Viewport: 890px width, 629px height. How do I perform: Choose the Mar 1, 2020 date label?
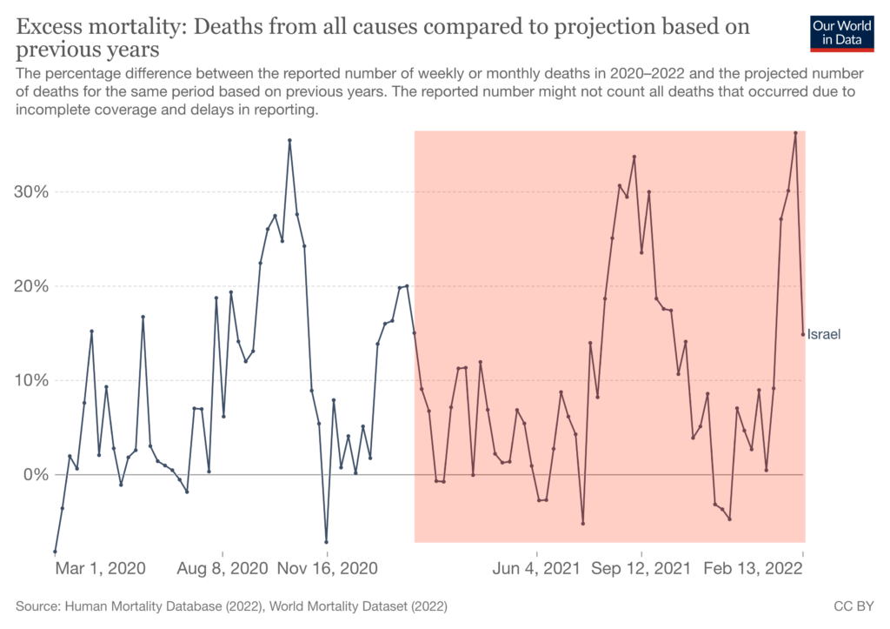pos(100,569)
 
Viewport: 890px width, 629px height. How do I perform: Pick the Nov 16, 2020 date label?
pos(328,569)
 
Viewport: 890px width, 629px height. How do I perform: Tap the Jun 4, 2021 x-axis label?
pos(536,569)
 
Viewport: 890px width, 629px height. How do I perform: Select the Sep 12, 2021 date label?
pos(641,569)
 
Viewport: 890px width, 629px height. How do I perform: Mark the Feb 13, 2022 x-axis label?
pos(753,569)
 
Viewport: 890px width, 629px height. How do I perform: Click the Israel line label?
pos(824,334)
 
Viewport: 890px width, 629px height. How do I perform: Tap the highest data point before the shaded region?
pos(289,140)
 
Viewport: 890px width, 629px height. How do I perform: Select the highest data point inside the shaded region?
pos(795,133)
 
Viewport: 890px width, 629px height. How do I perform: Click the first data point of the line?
pos(55,552)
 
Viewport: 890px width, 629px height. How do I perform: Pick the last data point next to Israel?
pos(803,334)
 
